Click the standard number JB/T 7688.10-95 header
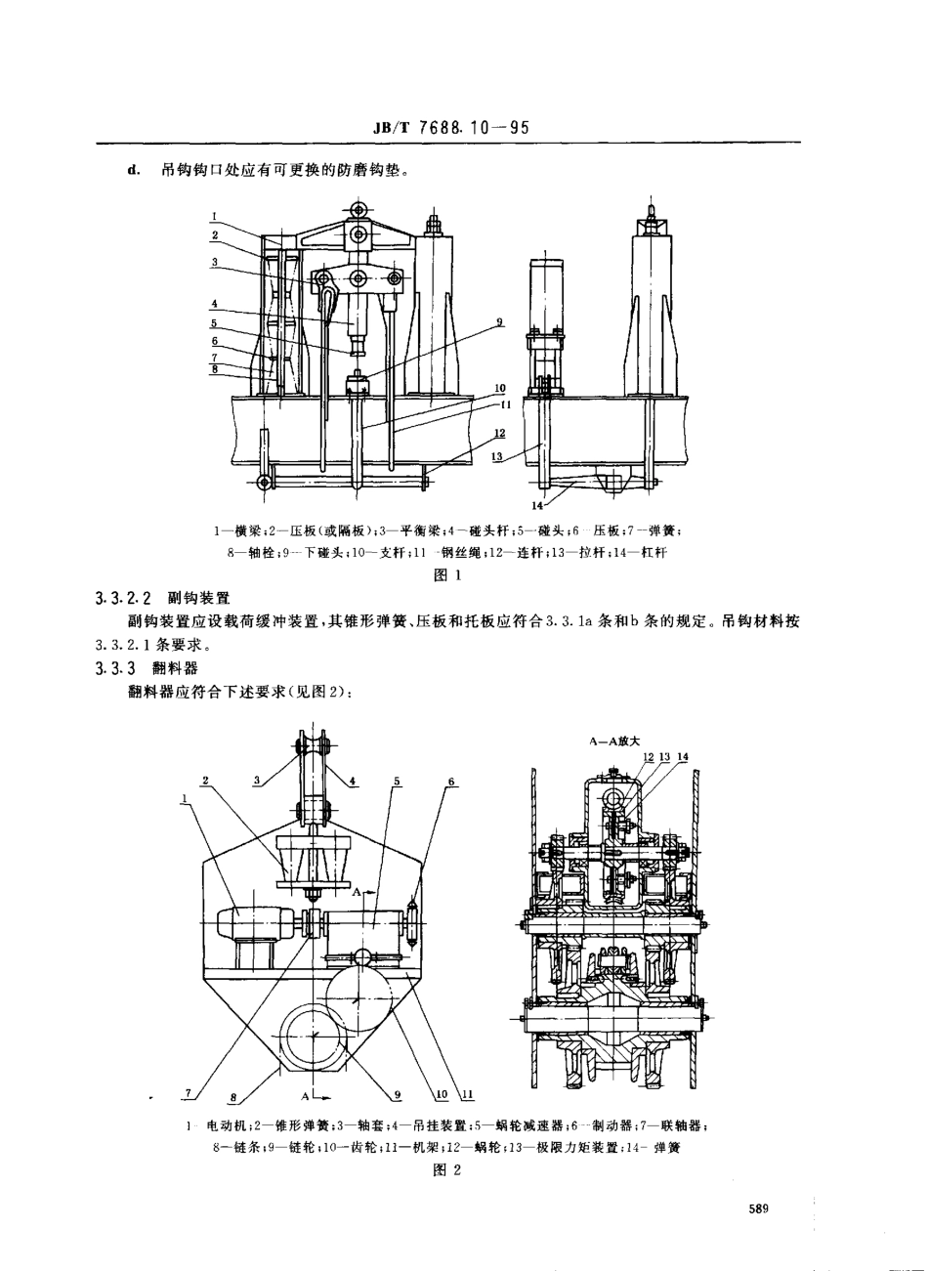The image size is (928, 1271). (x=451, y=128)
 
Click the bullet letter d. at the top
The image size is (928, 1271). (x=134, y=168)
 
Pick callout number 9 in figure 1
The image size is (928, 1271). (x=499, y=322)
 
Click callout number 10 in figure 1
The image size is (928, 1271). (x=499, y=388)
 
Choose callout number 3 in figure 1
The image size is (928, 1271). (x=213, y=262)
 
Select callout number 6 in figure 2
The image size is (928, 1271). (x=451, y=782)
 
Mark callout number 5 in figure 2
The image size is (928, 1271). (x=398, y=782)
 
